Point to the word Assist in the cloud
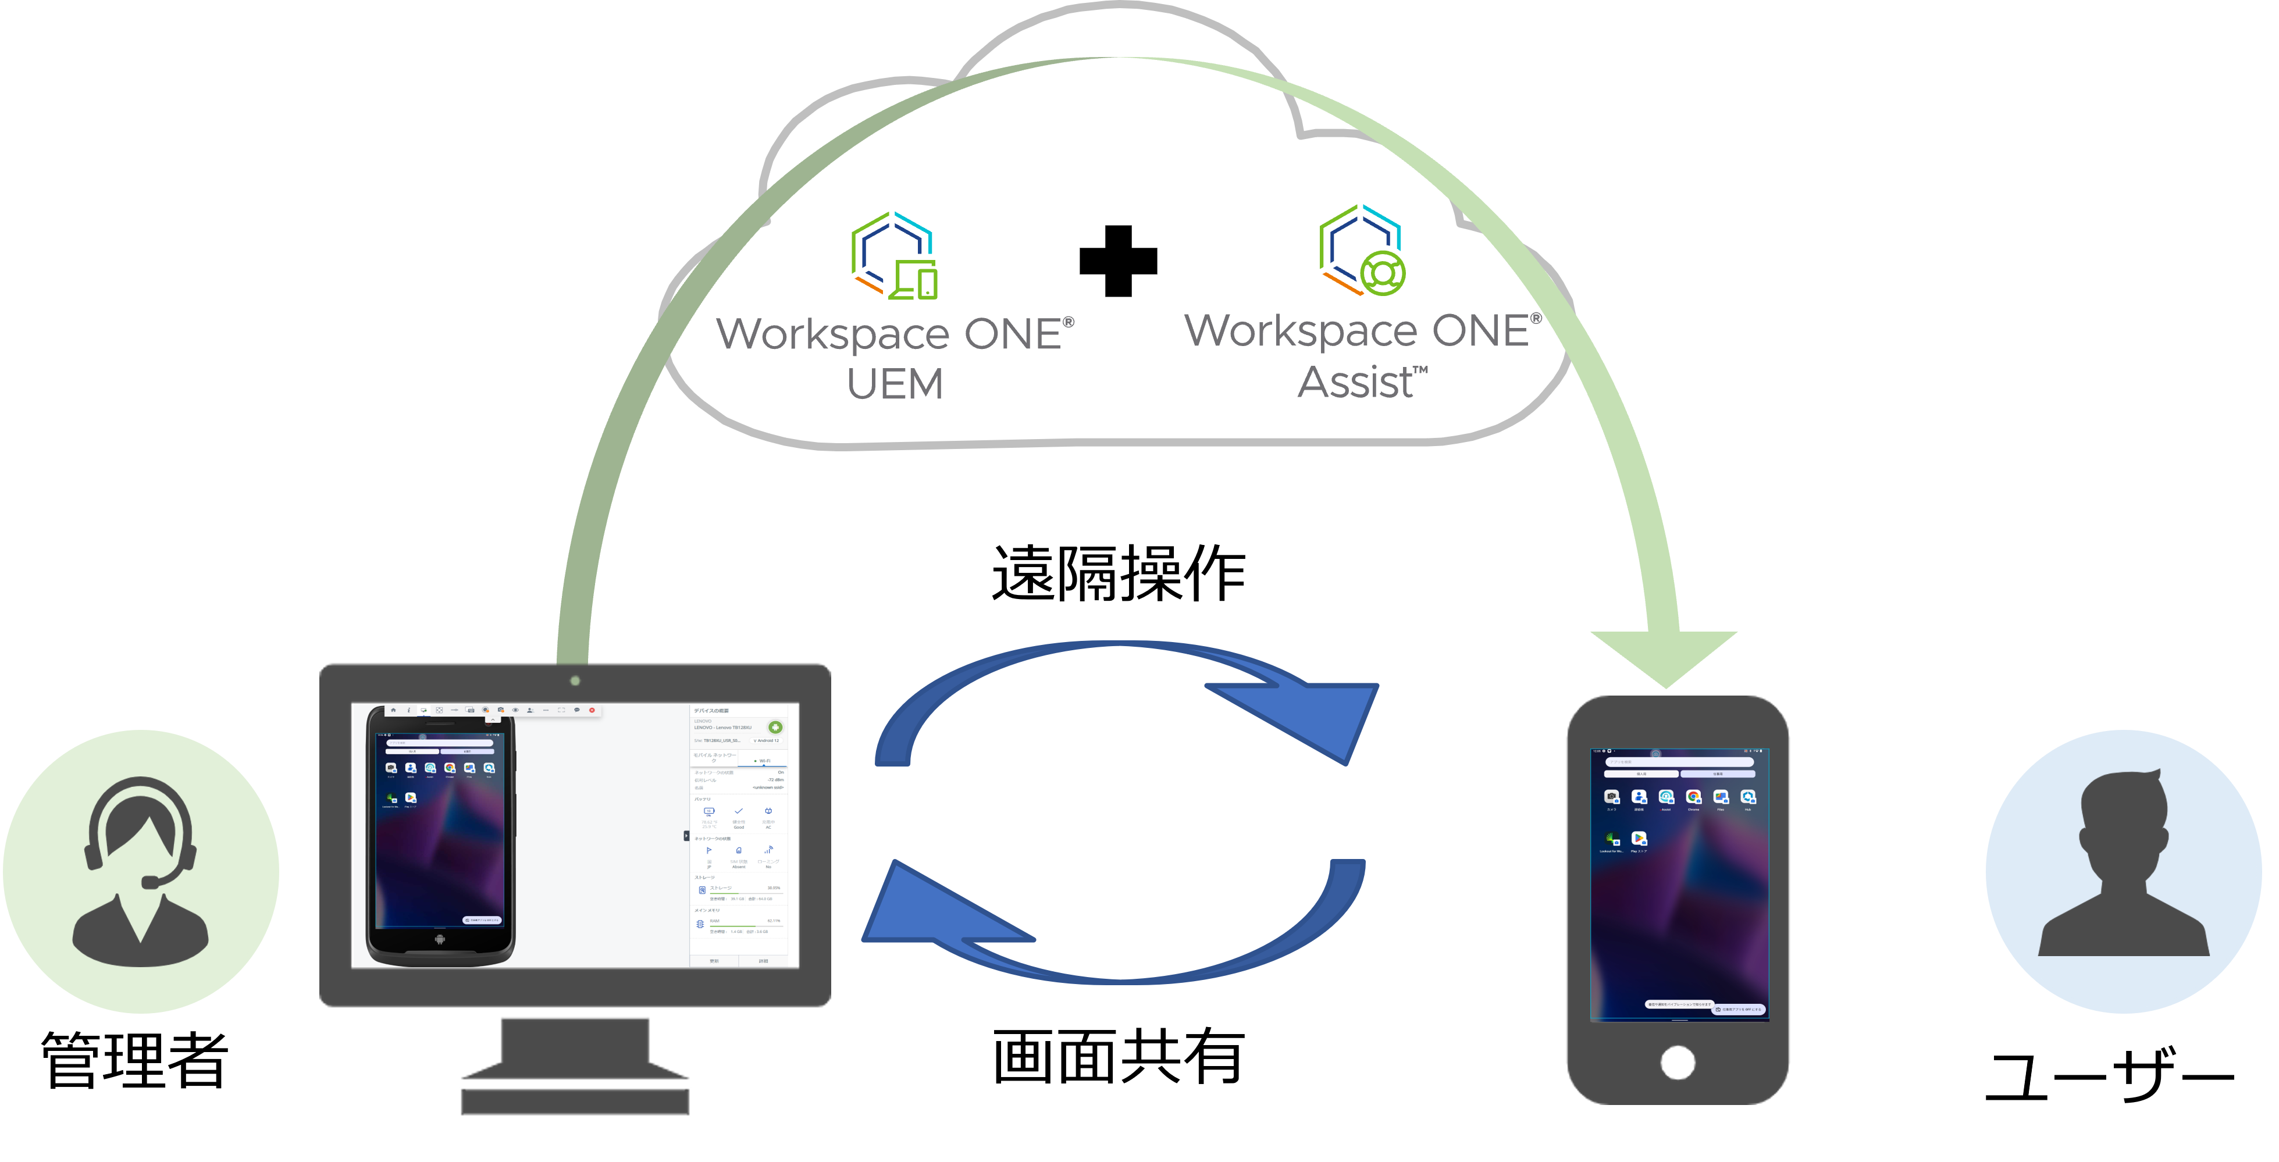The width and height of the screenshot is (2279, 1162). pyautogui.click(x=1355, y=383)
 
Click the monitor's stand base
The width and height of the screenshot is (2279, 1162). pyautogui.click(x=575, y=1101)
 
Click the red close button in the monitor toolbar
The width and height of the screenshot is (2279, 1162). pyautogui.click(x=592, y=710)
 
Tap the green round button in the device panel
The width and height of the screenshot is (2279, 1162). pyautogui.click(x=775, y=728)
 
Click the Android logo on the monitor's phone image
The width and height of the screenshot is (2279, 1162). pyautogui.click(x=440, y=939)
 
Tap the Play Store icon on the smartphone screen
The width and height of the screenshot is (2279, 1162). pyautogui.click(x=1639, y=838)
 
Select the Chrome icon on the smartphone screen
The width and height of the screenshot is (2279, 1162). pyautogui.click(x=1693, y=797)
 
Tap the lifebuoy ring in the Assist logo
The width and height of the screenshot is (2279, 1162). pyautogui.click(x=1382, y=273)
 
